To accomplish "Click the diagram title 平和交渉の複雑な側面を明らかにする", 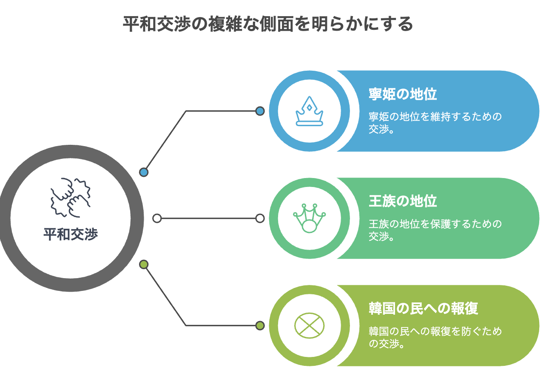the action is (x=267, y=24).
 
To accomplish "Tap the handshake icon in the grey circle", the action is (x=71, y=197).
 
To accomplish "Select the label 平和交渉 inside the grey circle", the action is (x=71, y=234).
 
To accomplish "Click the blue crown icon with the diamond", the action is (x=309, y=111).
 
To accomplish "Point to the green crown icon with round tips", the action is (x=309, y=218).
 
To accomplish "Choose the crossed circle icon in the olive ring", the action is (x=309, y=325).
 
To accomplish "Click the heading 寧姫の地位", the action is (x=402, y=94).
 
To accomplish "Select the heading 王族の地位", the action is (x=402, y=201).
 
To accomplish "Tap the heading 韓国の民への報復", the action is (x=423, y=308).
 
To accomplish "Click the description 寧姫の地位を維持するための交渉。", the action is (x=435, y=123).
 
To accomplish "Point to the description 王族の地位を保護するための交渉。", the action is (x=435, y=230).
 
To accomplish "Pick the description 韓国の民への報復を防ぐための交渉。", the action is (x=435, y=337).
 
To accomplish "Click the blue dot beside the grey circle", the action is (x=144, y=172).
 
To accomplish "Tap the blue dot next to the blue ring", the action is (x=260, y=111).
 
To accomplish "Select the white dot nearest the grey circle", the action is (x=157, y=218).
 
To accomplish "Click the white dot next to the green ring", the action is (x=260, y=218).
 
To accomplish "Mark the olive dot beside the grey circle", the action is (x=144, y=264).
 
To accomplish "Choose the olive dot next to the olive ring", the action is (x=260, y=325).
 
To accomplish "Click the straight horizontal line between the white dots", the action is (x=208, y=218).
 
